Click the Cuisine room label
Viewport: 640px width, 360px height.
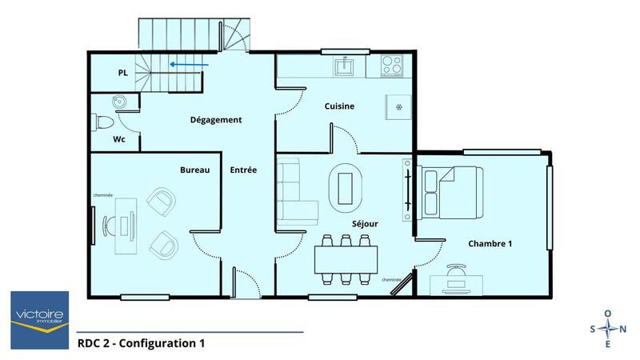[x=339, y=106]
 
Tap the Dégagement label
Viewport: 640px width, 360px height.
[x=215, y=120]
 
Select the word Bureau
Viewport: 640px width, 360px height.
[x=194, y=170]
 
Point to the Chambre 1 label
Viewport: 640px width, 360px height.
[x=490, y=243]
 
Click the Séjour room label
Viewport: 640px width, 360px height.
[x=364, y=224]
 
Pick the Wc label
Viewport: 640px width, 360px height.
[x=118, y=139]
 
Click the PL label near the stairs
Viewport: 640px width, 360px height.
[x=122, y=73]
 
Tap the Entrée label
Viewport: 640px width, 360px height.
[x=243, y=170]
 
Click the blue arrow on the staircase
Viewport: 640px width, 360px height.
[x=189, y=66]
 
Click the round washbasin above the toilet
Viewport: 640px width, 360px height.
[x=119, y=102]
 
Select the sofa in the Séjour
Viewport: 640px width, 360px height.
[x=293, y=190]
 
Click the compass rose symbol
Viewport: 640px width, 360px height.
[x=608, y=329]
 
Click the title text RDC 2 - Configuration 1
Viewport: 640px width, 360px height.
[x=142, y=343]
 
